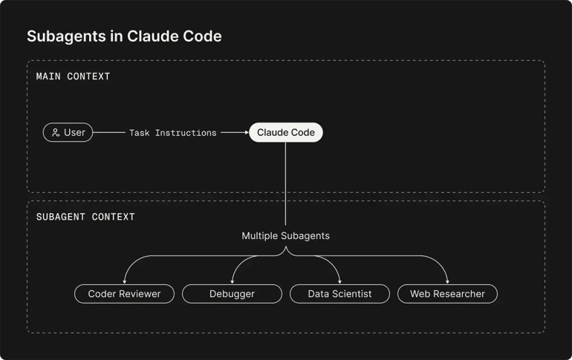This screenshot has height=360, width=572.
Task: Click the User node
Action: click(x=68, y=133)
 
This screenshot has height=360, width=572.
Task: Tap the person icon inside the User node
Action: click(x=56, y=133)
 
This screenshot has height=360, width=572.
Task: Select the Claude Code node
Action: click(x=285, y=133)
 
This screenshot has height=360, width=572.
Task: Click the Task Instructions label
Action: click(x=172, y=133)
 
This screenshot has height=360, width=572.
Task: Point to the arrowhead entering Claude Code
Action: click(x=245, y=133)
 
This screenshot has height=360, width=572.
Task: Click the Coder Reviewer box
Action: click(x=124, y=294)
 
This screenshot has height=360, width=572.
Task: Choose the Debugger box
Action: click(x=232, y=294)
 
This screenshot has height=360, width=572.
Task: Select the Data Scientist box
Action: click(x=339, y=294)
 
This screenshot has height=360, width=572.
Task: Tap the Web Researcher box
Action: click(x=447, y=294)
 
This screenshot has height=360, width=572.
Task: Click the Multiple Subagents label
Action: click(x=285, y=236)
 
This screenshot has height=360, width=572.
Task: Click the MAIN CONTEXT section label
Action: click(x=73, y=76)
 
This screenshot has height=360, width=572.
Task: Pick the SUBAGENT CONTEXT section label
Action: click(x=85, y=217)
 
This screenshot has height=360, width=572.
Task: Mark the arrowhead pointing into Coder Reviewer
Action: click(x=124, y=281)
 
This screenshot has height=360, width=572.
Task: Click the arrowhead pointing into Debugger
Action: click(x=232, y=281)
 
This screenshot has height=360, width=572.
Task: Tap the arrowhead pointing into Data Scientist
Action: click(x=339, y=281)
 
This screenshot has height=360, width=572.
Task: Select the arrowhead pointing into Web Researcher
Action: click(x=447, y=281)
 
